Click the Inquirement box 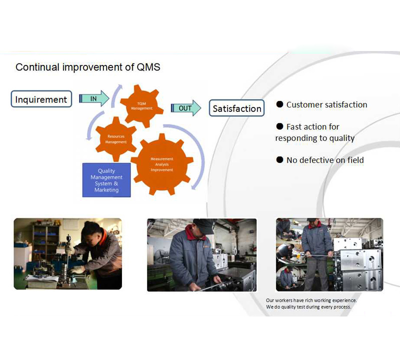(x=41, y=99)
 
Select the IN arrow (x=94, y=98)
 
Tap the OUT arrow (x=186, y=108)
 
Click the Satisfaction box (x=236, y=108)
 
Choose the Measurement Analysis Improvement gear (x=162, y=164)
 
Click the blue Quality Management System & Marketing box (x=106, y=180)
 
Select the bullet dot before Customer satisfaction (x=280, y=104)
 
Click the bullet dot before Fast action (x=280, y=126)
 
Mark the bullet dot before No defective (x=280, y=160)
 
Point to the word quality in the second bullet (x=341, y=138)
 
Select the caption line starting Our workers (x=311, y=300)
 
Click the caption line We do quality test (x=308, y=306)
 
